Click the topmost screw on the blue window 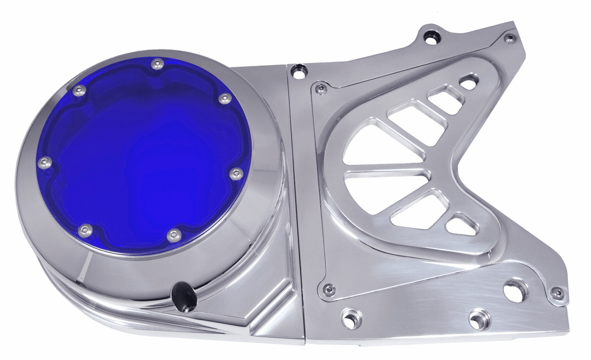click(158, 63)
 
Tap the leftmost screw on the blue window click(46, 162)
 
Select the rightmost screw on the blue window click(236, 174)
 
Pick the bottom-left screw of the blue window click(84, 231)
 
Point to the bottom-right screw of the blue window click(174, 235)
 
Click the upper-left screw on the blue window click(80, 91)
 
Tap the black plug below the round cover click(184, 297)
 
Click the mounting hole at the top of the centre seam click(299, 71)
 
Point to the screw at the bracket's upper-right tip click(510, 38)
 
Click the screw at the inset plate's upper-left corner click(321, 88)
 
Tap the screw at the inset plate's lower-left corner click(329, 289)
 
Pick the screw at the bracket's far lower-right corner click(557, 293)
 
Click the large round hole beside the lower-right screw click(514, 290)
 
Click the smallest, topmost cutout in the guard click(468, 83)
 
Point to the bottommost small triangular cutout click(461, 225)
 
